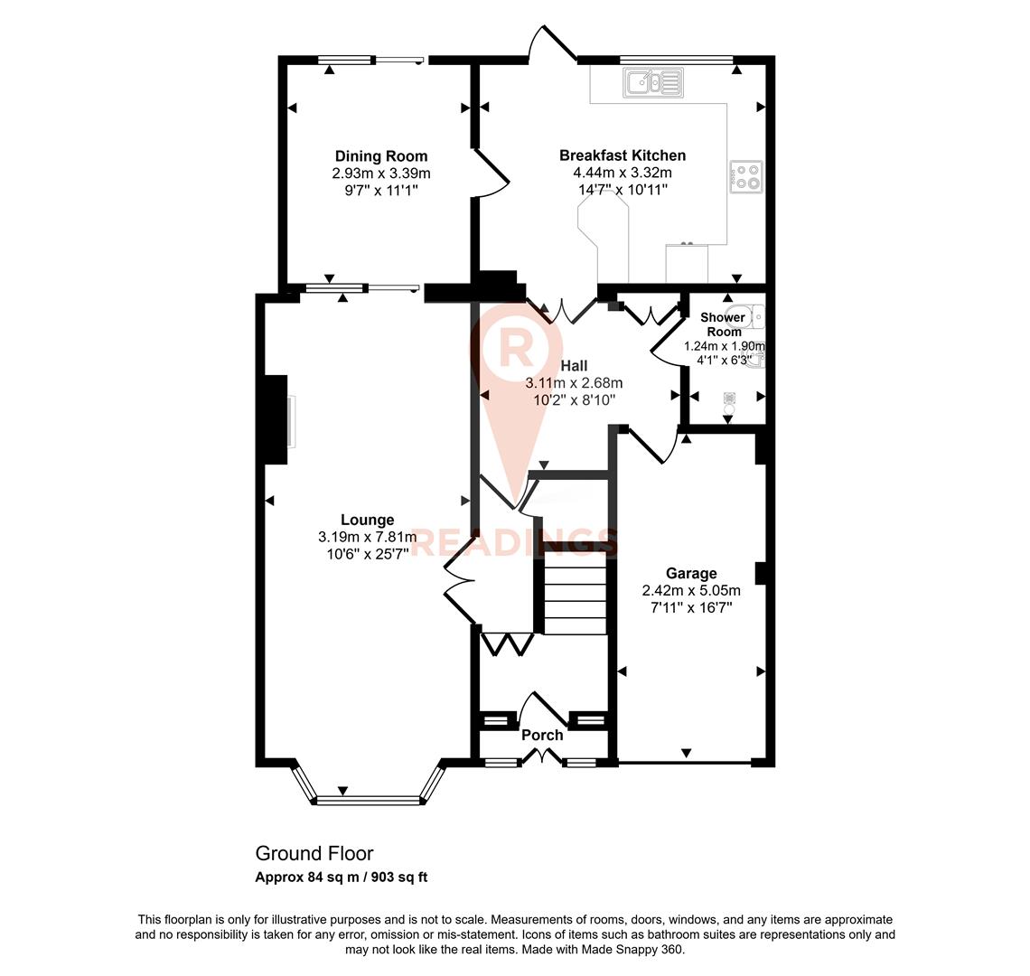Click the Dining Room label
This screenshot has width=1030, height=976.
380,156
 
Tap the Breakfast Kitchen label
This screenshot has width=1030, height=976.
622,155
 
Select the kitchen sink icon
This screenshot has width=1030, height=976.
652,83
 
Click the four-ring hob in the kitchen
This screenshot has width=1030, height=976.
746,176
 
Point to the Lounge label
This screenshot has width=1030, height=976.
367,520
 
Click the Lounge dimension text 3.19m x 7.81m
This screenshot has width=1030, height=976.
367,537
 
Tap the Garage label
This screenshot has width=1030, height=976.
691,573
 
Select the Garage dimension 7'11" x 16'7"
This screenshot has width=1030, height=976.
691,607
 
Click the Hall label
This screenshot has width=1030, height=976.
574,365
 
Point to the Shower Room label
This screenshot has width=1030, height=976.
724,324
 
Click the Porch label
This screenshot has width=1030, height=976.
542,735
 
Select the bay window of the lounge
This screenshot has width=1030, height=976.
368,799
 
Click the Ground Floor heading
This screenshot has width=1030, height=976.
314,853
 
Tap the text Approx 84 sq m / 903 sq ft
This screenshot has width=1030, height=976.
342,877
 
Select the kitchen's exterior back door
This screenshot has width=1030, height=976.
552,46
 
